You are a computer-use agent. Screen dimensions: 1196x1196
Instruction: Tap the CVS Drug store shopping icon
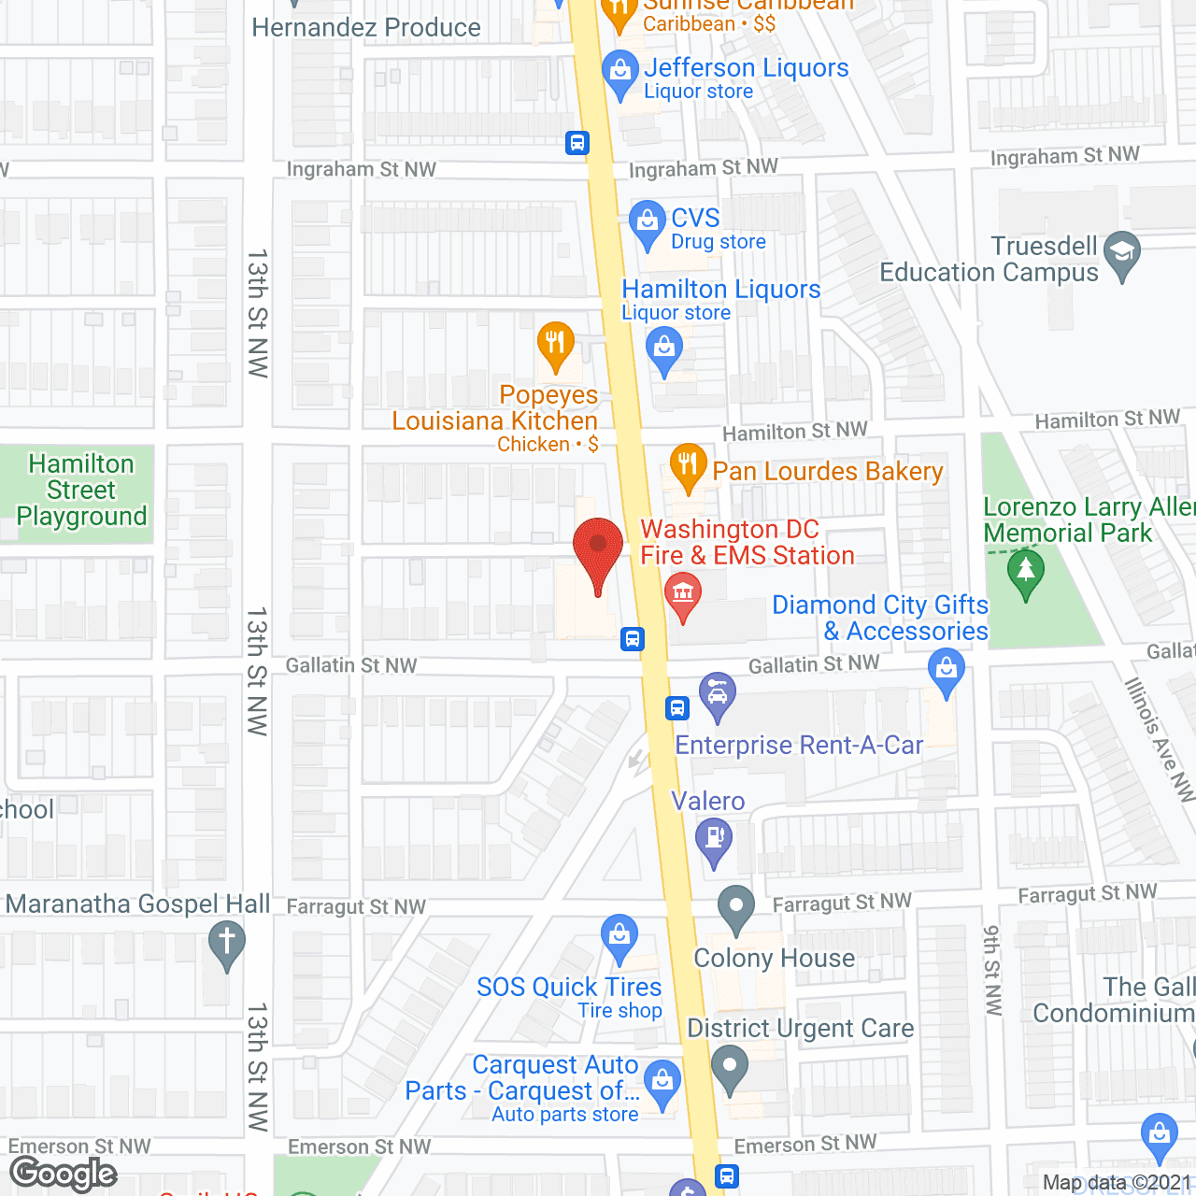pos(647,223)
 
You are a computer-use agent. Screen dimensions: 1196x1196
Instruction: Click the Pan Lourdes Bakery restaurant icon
pos(688,464)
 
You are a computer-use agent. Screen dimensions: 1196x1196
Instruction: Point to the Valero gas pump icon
pos(715,840)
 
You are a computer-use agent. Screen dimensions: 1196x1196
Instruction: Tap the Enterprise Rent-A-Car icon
pos(718,694)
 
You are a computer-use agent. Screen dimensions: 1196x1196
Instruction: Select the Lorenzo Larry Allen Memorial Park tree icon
pos(1026,571)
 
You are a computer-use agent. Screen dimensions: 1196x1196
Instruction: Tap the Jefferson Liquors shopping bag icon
pos(619,72)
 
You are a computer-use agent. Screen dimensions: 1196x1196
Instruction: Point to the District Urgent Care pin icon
pos(730,1066)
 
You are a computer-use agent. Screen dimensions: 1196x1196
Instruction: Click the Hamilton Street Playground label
pos(81,490)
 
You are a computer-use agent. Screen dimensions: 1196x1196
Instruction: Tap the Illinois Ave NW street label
pos(1159,738)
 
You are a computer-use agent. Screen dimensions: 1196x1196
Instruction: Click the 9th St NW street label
pos(992,970)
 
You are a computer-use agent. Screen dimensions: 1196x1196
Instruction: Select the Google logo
pos(64,1174)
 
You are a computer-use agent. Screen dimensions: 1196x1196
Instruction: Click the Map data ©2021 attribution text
pos(1117,1183)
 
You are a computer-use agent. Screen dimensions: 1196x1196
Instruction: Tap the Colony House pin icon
pos(736,906)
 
